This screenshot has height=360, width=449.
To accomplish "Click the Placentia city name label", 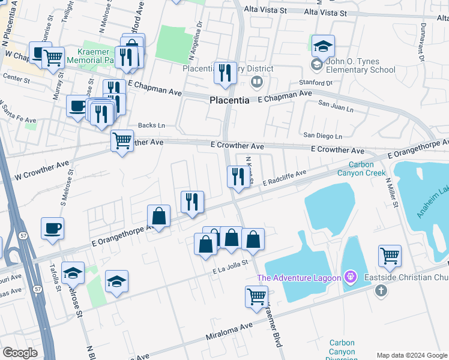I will click(229, 101).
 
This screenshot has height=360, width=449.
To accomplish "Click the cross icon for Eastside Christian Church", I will click(379, 290).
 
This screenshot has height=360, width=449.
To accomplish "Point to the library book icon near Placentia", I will click(256, 80).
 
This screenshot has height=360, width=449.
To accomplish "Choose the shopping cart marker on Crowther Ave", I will click(122, 141).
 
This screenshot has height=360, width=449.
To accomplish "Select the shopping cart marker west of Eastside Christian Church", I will click(390, 256).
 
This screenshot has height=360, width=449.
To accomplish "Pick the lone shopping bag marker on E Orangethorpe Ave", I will click(158, 217).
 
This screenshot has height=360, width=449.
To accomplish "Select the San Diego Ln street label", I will click(322, 136).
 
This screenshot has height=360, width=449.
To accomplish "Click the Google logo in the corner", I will click(20, 353).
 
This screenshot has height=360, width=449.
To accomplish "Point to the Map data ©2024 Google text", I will click(411, 355).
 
